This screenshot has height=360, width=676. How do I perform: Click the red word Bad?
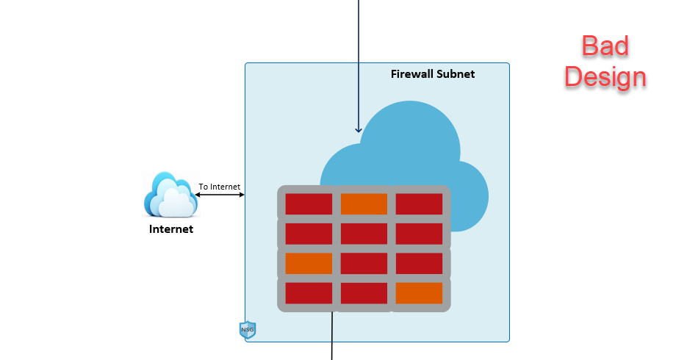pyautogui.click(x=605, y=46)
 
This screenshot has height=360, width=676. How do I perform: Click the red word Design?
pyautogui.click(x=605, y=76)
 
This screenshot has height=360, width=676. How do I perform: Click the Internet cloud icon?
pyautogui.click(x=170, y=195)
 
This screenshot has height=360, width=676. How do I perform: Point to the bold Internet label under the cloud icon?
pyautogui.click(x=171, y=229)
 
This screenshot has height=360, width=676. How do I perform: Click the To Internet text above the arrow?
pyautogui.click(x=219, y=187)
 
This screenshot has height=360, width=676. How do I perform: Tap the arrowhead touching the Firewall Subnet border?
pyautogui.click(x=242, y=195)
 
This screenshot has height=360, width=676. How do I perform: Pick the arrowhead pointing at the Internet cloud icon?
pyautogui.click(x=198, y=195)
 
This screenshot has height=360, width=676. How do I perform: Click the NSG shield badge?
pyautogui.click(x=248, y=330)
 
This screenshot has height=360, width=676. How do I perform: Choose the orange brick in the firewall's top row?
pyautogui.click(x=364, y=204)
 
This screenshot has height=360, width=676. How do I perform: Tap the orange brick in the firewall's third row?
pyautogui.click(x=309, y=263)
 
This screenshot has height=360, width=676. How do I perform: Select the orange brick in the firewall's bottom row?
pyautogui.click(x=419, y=292)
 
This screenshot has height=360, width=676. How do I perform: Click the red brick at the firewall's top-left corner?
pyautogui.click(x=309, y=204)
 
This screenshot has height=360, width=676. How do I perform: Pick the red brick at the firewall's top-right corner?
pyautogui.click(x=419, y=204)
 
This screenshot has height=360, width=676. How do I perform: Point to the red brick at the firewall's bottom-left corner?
pyautogui.click(x=309, y=292)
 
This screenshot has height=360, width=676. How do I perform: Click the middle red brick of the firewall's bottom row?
pyautogui.click(x=364, y=292)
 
